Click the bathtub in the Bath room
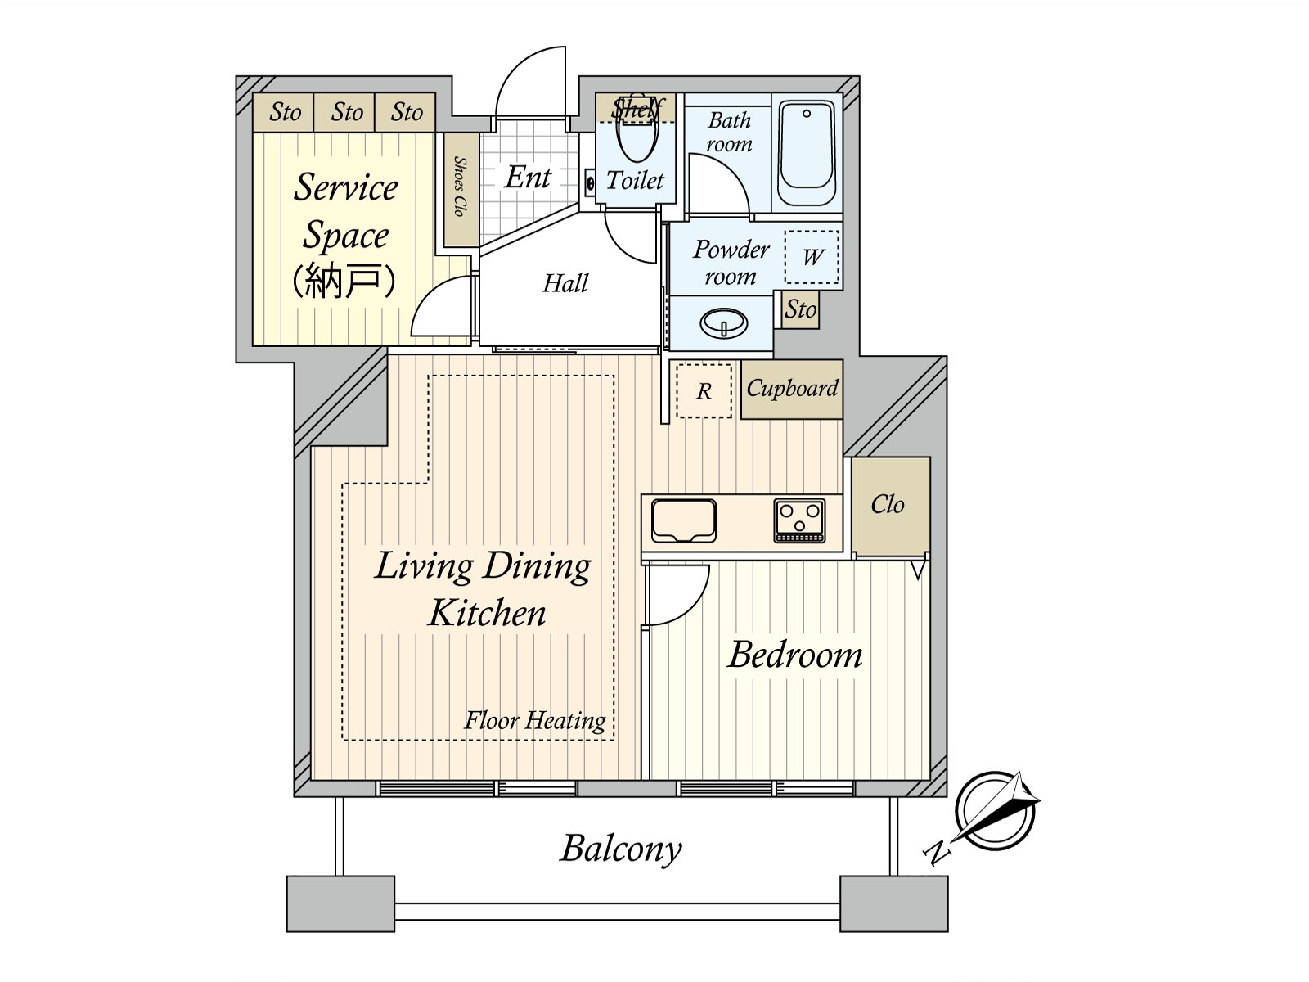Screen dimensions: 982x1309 click(807, 153)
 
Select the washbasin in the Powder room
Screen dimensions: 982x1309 click(724, 322)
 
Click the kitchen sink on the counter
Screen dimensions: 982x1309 click(684, 520)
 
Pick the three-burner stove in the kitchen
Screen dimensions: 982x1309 click(800, 520)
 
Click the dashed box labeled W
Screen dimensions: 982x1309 click(812, 258)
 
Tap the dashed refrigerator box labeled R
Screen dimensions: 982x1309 click(704, 391)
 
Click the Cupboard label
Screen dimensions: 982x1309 click(792, 389)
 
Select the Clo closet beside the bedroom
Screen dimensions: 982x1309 click(889, 505)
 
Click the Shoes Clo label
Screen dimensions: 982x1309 click(460, 188)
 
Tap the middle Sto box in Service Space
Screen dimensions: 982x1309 click(345, 112)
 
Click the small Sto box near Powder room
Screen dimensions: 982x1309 click(800, 309)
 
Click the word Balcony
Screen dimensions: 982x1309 click(621, 849)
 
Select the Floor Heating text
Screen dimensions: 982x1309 click(535, 720)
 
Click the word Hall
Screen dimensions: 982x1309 click(565, 284)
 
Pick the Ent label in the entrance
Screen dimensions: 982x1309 click(529, 177)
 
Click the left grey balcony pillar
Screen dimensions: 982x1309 click(340, 903)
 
